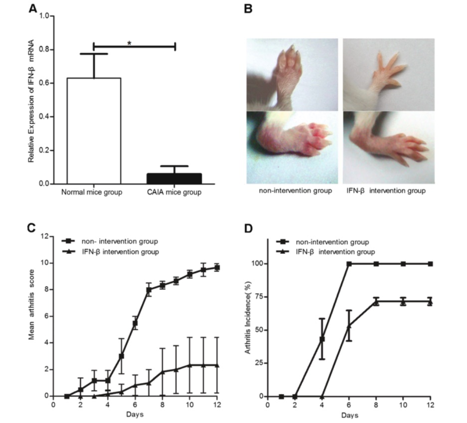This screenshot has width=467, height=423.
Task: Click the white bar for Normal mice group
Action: point(94,131)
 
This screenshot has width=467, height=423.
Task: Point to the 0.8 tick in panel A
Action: point(47,50)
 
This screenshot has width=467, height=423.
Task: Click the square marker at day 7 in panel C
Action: point(149,290)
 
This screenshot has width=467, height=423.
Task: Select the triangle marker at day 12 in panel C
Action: point(216,365)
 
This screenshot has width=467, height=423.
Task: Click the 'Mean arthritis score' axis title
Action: point(31,315)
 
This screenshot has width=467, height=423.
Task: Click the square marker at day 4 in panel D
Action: point(322,339)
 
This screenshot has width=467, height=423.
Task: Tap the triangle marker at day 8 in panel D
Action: point(376,301)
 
